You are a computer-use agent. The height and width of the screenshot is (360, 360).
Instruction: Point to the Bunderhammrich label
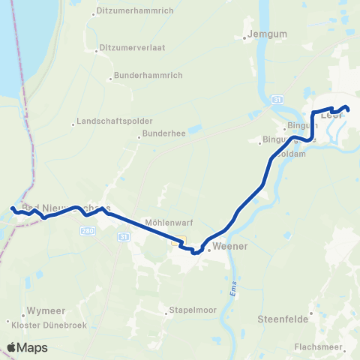143,76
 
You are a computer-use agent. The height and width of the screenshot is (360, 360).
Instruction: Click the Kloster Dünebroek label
46,325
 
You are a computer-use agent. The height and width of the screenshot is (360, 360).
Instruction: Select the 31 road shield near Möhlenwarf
123,237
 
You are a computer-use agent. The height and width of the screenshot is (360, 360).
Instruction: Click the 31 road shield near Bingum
277,99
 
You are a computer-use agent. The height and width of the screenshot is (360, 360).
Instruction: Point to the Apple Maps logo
27,347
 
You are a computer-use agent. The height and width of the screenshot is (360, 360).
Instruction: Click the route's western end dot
12,209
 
